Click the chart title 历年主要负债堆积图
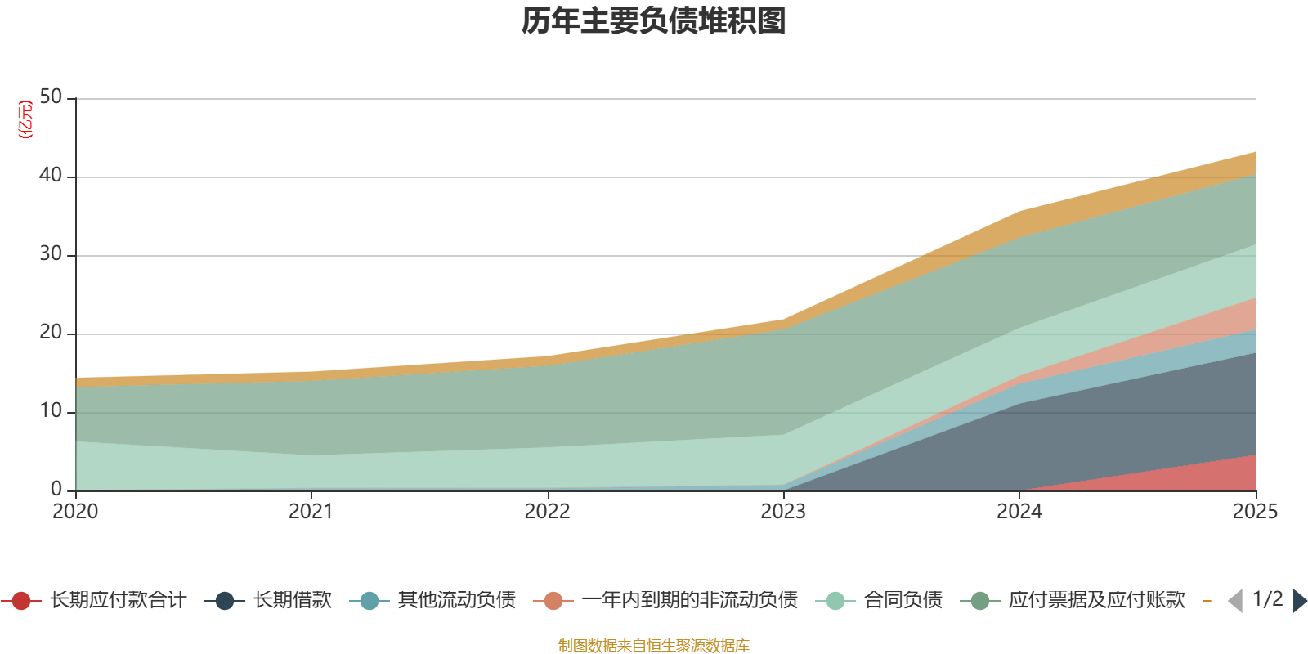click(654, 21)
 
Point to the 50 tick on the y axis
click(51, 97)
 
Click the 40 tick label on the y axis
click(51, 176)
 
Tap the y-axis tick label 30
click(51, 254)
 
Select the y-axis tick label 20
click(51, 333)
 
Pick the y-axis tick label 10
click(51, 411)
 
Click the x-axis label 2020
click(75, 512)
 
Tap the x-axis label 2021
click(311, 512)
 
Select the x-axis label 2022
click(547, 512)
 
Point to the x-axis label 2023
click(783, 512)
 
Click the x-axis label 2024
click(1019, 512)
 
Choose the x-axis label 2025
click(1255, 512)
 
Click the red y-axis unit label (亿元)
click(26, 119)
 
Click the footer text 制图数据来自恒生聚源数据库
click(654, 646)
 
